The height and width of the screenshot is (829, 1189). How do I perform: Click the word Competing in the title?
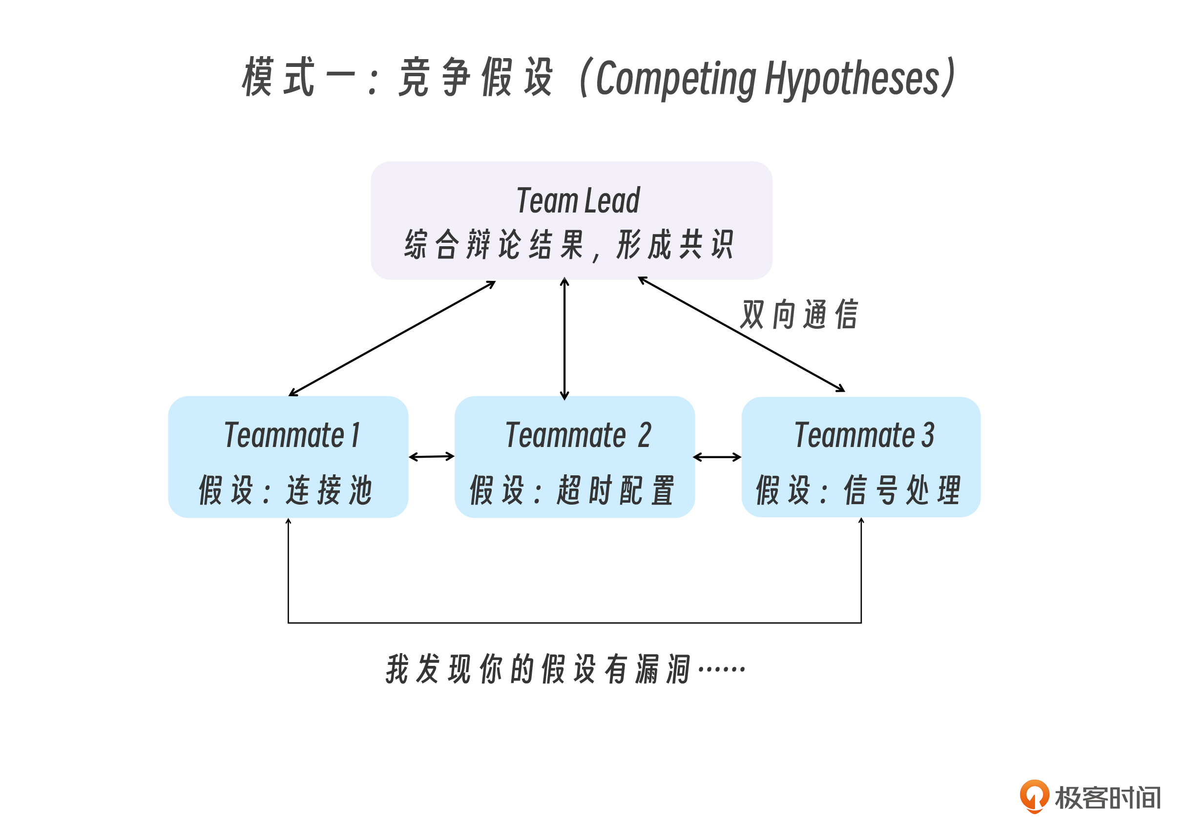pos(676,79)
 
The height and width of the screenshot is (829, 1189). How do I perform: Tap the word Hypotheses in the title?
pos(852,79)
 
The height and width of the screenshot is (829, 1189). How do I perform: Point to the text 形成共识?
pos(675,245)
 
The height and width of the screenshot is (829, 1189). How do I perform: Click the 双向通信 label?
pos(799,315)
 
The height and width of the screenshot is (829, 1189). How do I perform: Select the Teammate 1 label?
pos(292,435)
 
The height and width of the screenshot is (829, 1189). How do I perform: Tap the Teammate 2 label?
pos(578,435)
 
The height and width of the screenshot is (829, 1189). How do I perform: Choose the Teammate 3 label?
pos(864,435)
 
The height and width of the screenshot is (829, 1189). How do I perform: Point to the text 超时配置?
pos(616,489)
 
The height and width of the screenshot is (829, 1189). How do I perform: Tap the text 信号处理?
pos(902,489)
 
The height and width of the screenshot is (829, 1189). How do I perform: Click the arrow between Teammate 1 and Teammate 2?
pos(431,457)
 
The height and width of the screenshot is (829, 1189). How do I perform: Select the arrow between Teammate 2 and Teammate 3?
pos(717,457)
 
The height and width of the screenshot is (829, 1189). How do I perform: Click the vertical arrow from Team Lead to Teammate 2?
pos(564,340)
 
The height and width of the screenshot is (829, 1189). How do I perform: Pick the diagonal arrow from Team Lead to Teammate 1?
pos(392,339)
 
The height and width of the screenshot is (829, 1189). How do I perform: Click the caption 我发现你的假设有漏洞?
pos(539,669)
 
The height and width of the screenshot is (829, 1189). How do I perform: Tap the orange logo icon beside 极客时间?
pos(1034,795)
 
